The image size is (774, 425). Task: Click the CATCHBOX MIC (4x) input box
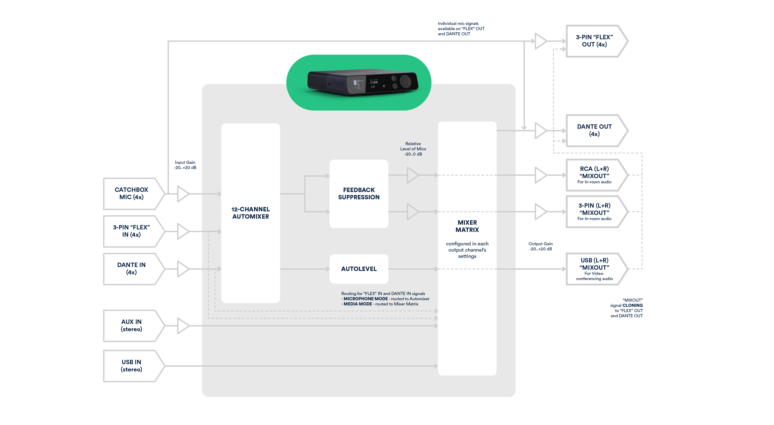point(134,194)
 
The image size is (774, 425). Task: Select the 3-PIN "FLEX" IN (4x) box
point(134,231)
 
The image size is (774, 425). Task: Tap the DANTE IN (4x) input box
point(134,269)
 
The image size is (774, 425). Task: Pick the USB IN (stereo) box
point(134,366)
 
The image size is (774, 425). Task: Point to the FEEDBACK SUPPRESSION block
point(359,194)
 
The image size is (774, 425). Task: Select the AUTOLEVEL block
point(359,269)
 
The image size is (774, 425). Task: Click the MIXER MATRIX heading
point(467,226)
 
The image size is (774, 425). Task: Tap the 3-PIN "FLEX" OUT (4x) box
point(596,41)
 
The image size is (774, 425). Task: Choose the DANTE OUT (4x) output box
point(596,130)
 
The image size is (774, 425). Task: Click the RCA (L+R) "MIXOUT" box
point(596,175)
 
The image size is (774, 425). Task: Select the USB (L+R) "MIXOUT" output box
point(596,269)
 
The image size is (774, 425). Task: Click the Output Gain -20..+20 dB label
point(541,246)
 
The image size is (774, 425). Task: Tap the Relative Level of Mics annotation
point(413,149)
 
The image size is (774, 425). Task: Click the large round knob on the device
point(405,81)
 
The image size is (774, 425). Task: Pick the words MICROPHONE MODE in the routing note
point(365,299)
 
